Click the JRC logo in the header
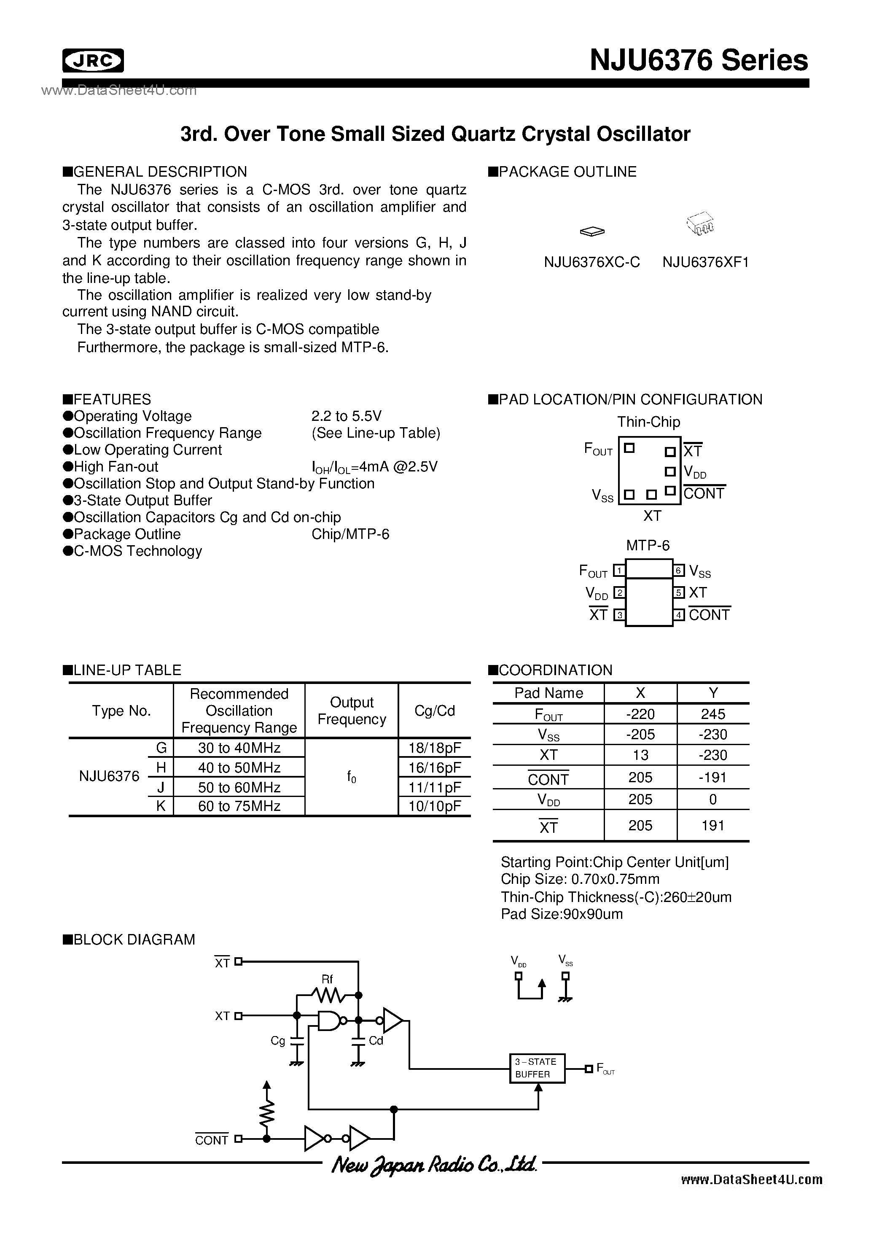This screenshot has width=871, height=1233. [x=93, y=61]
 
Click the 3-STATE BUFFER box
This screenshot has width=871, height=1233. [x=536, y=1068]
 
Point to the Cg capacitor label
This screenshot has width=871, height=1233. [x=278, y=1041]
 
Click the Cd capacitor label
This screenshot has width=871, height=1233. [x=376, y=1041]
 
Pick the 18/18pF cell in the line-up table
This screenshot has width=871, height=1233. [x=434, y=748]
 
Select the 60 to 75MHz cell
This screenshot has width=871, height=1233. [x=239, y=806]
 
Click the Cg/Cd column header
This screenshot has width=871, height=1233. [x=434, y=711]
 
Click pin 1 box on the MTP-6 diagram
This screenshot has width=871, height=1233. [x=619, y=571]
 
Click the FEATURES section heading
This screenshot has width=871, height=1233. [x=112, y=399]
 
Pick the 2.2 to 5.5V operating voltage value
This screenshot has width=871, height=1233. [x=347, y=416]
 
